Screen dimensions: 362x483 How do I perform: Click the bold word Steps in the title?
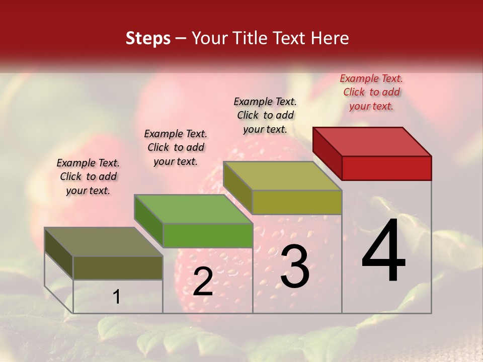(x=148, y=38)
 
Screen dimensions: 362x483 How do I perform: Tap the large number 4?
(x=383, y=252)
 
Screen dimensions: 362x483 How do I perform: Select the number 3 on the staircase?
(x=295, y=267)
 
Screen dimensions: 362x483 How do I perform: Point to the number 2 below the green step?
(x=203, y=282)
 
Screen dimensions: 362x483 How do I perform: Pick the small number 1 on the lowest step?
(x=117, y=297)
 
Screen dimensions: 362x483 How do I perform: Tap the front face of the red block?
(x=386, y=168)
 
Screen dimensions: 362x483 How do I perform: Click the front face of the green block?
(x=208, y=235)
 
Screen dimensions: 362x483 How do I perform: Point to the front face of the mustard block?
(x=297, y=202)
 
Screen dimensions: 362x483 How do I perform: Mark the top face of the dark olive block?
(x=104, y=242)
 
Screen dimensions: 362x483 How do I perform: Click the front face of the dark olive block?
(x=118, y=267)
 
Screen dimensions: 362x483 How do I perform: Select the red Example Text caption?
(x=371, y=92)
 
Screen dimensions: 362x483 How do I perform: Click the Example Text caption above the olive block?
(x=88, y=176)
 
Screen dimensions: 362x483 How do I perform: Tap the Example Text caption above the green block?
(x=176, y=147)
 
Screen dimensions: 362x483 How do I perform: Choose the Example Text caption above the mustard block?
(x=265, y=115)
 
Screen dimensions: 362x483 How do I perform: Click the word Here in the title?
(x=332, y=38)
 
